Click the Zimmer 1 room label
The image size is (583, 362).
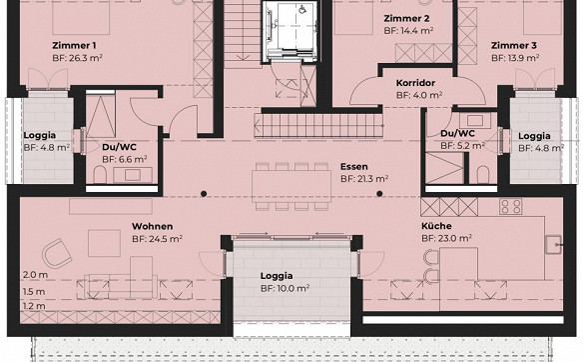tap(74, 45)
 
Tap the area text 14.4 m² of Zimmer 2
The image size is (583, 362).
tap(408, 31)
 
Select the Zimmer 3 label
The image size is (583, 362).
tap(514, 45)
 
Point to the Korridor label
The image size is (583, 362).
tap(415, 83)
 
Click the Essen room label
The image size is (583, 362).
tap(354, 166)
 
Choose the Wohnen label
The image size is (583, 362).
tap(152, 226)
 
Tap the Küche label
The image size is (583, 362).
tap(436, 226)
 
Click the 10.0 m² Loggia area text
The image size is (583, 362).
tap(286, 288)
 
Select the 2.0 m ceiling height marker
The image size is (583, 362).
tap(35, 275)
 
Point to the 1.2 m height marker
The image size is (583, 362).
tap(34, 306)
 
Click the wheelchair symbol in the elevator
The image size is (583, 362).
tap(302, 9)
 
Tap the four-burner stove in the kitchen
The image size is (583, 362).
tap(510, 206)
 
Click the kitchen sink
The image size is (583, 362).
tap(553, 244)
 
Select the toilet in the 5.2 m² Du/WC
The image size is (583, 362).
tap(482, 174)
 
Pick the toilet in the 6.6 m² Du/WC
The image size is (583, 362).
tap(100, 175)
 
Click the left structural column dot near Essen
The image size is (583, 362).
tap(204, 194)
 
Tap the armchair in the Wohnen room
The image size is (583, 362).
tap(57, 253)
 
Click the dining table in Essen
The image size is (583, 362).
tap(291, 186)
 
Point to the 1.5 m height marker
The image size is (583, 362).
tap(34, 291)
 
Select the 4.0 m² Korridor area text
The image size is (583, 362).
tap(419, 95)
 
